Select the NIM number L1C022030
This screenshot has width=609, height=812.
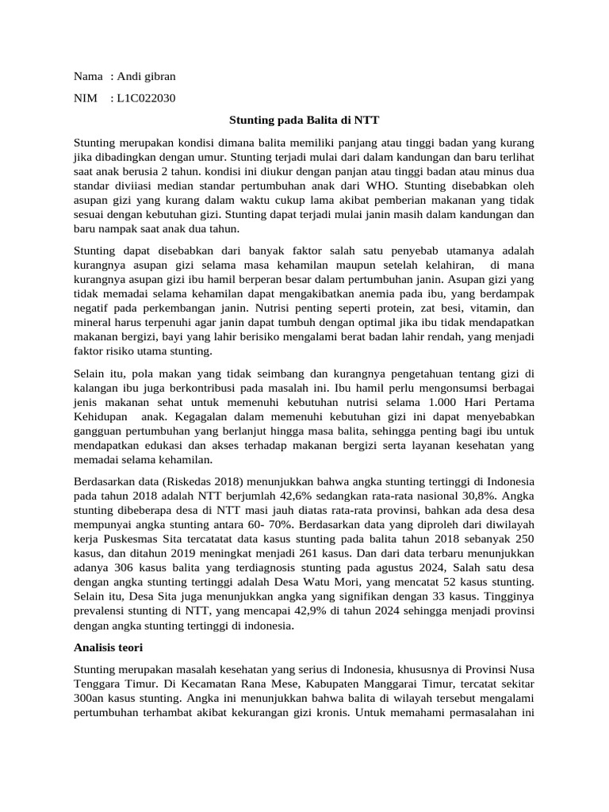click(x=146, y=98)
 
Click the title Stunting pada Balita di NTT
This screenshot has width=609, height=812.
click(x=304, y=121)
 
